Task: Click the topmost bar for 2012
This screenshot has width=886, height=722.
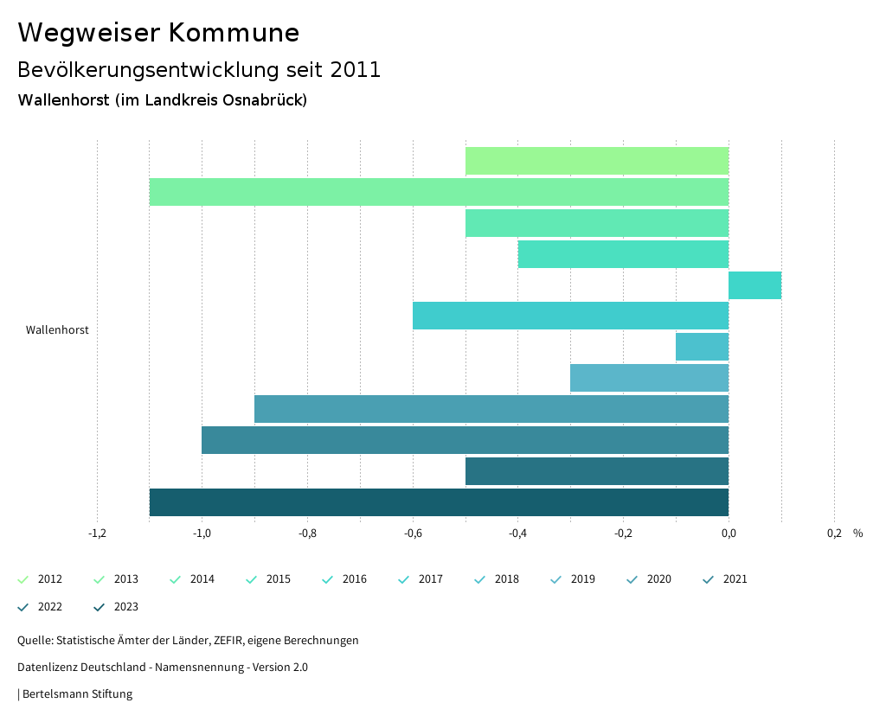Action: [597, 161]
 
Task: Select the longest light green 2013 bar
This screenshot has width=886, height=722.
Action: [439, 192]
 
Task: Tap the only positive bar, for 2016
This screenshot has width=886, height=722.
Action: [754, 285]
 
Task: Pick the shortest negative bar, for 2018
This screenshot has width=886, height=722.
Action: [702, 347]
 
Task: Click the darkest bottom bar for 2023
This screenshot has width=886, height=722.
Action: [439, 502]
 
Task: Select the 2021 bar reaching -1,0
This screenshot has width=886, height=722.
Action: [465, 440]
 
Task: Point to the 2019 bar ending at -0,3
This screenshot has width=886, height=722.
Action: [649, 378]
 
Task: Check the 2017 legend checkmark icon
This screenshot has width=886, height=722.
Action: [403, 579]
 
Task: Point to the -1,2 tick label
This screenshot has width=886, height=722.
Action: [97, 534]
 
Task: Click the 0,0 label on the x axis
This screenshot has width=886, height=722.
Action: [729, 534]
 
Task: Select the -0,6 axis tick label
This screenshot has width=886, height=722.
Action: [413, 534]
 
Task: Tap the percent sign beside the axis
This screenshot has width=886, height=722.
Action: [857, 534]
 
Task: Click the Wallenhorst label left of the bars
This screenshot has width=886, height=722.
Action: [57, 330]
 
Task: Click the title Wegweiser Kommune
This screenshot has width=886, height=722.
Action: [158, 33]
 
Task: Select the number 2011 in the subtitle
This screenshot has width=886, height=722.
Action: [356, 70]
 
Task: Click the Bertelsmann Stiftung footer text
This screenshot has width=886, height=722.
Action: [77, 693]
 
